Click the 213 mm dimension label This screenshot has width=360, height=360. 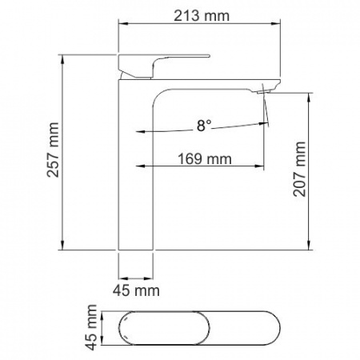pyautogui.click(x=202, y=16)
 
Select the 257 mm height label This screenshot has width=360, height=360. pyautogui.click(x=53, y=150)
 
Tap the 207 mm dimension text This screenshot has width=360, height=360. pyautogui.click(x=299, y=169)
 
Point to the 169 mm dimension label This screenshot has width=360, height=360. pyautogui.click(x=205, y=159)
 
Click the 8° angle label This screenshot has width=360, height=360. pyautogui.click(x=204, y=126)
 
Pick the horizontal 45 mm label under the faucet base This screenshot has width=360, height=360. pyautogui.click(x=136, y=290)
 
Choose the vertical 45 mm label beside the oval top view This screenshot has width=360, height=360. pyautogui.click(x=91, y=327)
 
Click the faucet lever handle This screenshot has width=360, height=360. pyautogui.click(x=164, y=66)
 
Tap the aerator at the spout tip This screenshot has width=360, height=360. pyautogui.click(x=264, y=92)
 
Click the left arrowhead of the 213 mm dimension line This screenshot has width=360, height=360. pyautogui.click(x=122, y=24)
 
